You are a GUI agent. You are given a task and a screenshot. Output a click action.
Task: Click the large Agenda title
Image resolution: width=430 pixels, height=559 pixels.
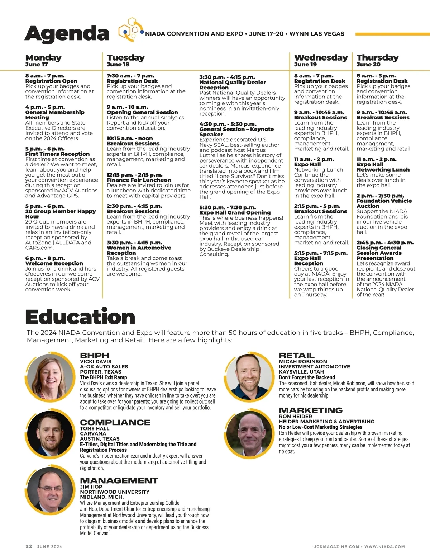(x=67, y=33)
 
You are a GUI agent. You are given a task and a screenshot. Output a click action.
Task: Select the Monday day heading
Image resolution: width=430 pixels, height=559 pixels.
(x=43, y=58)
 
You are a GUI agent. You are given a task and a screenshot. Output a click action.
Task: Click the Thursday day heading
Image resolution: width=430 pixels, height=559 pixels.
(x=377, y=58)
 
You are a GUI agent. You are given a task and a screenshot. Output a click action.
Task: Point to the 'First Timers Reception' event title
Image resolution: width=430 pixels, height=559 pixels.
(x=57, y=154)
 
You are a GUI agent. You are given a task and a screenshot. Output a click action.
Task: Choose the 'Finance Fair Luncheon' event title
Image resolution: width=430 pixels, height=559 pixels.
(x=139, y=180)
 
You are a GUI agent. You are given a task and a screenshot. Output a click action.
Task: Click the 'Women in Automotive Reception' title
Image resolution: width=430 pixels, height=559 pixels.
(x=139, y=250)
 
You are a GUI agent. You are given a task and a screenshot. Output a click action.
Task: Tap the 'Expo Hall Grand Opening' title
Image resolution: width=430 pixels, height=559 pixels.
(x=235, y=213)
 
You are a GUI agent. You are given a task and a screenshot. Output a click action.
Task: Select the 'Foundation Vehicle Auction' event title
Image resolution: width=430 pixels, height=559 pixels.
(x=384, y=203)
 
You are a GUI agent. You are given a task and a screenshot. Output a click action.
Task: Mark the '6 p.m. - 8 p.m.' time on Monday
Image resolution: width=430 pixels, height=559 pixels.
(x=45, y=258)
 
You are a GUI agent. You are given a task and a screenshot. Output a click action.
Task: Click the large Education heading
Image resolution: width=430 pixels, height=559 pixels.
(x=80, y=317)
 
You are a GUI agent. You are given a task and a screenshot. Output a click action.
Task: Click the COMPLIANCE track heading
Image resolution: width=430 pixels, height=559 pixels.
(x=115, y=423)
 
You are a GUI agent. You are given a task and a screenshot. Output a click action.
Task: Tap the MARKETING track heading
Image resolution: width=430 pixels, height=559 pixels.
(x=311, y=410)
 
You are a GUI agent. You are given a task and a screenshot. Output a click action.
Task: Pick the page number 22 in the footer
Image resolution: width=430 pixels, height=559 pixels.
(x=29, y=546)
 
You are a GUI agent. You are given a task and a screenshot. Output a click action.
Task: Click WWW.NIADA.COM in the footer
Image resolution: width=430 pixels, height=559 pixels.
(x=384, y=547)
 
